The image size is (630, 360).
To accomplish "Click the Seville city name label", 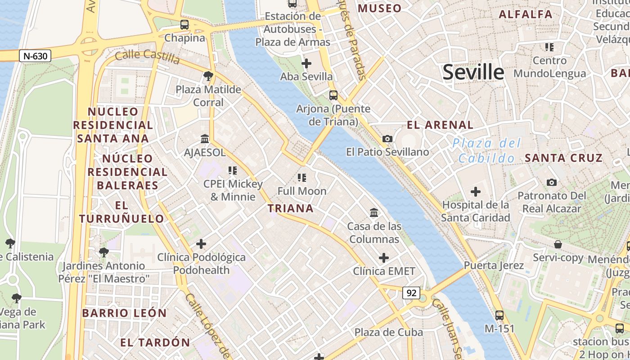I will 473,72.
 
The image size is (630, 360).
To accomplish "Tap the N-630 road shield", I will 35,56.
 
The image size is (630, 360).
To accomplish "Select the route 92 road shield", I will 411,293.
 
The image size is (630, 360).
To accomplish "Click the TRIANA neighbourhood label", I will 291,208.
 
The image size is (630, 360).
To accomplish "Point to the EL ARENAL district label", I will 440,125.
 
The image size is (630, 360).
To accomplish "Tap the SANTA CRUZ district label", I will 563,158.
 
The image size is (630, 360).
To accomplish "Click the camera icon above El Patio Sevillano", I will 387,139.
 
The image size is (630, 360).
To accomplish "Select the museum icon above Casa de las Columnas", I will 374,212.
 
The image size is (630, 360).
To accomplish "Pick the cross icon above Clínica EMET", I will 384,258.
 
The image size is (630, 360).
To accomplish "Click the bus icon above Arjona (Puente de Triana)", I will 333,95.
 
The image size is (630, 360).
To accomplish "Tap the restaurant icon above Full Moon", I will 301,178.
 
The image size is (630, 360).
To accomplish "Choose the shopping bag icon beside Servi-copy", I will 558,244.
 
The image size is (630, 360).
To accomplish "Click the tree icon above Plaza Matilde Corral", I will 208,76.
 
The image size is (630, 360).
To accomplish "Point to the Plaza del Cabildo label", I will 487,151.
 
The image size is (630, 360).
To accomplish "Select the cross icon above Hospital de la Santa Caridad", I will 475,192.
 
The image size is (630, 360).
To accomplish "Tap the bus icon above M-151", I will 499,315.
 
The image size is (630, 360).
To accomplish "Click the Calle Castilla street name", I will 147,57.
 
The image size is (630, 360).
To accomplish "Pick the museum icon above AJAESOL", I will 205,139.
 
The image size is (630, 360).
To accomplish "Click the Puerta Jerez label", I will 494,265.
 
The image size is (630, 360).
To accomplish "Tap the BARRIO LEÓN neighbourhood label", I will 124,313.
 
